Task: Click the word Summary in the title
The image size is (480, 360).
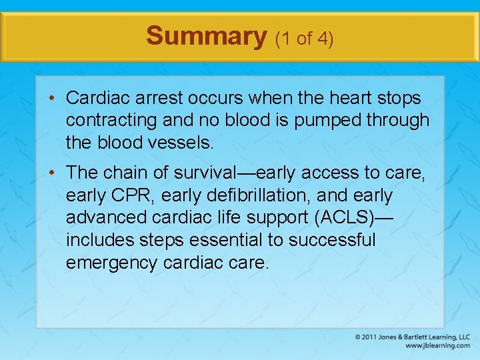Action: (206, 36)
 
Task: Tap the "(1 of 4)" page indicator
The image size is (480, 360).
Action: (304, 38)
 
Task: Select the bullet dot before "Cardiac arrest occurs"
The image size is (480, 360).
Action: (52, 99)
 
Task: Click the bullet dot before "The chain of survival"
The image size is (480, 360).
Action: (52, 173)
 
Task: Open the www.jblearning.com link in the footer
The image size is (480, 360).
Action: (437, 345)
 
